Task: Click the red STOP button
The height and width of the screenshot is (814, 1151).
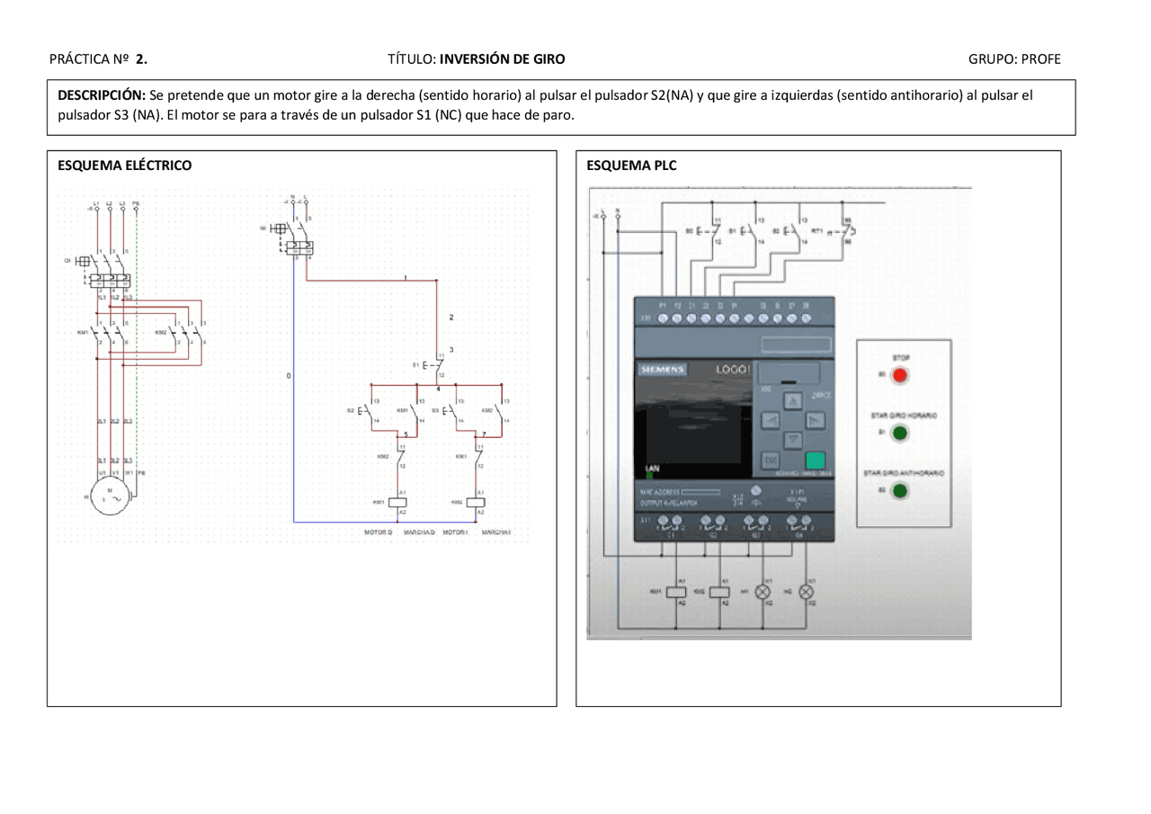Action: tap(899, 376)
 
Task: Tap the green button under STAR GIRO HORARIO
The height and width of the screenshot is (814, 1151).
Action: tap(899, 434)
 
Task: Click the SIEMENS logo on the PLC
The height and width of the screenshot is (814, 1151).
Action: tap(663, 370)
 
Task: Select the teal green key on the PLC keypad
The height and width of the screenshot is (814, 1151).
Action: tap(815, 461)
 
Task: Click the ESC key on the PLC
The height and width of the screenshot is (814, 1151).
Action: tap(771, 461)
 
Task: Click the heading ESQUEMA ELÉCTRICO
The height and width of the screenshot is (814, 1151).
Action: tap(124, 165)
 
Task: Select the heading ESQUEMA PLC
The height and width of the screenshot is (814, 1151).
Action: tap(631, 165)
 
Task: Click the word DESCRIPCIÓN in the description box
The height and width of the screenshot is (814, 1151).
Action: tap(102, 94)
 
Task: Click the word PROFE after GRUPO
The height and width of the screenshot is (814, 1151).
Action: tap(1040, 59)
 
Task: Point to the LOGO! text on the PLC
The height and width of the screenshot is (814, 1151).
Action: tap(732, 370)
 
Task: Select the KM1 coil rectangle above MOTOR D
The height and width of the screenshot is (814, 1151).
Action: tap(398, 502)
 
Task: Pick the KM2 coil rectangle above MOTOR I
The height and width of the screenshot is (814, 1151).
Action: tap(476, 502)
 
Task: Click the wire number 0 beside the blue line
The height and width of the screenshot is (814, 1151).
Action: tap(289, 375)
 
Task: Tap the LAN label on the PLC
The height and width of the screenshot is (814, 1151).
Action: tap(652, 469)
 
